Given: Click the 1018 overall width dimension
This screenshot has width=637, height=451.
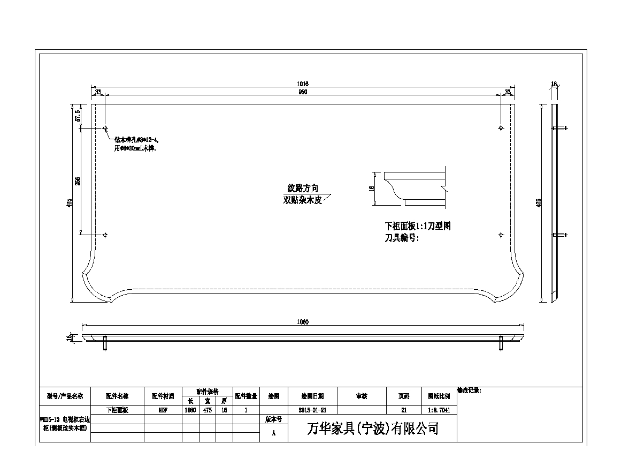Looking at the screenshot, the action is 303,84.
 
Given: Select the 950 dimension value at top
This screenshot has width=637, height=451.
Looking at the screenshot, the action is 303,92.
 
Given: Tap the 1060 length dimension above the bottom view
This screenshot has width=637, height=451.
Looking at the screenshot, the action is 303,322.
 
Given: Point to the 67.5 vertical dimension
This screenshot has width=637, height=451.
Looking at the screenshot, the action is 78,115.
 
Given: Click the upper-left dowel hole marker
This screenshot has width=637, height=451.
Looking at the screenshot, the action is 105,129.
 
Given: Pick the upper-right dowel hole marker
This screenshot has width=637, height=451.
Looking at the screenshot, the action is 501,129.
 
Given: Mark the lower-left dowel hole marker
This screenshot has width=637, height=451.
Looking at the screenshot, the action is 105,235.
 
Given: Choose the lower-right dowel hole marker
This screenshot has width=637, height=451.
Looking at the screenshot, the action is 501,235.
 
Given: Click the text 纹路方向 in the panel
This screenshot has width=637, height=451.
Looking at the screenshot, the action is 303,189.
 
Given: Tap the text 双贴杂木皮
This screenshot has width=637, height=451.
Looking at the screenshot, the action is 303,201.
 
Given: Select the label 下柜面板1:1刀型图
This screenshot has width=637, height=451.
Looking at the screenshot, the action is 418,226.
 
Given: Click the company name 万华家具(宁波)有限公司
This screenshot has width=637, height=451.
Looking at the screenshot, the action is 373,429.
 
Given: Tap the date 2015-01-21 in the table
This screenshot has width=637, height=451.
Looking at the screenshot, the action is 312,410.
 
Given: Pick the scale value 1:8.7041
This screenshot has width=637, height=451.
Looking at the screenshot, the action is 439,410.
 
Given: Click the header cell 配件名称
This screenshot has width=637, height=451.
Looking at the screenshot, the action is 117,396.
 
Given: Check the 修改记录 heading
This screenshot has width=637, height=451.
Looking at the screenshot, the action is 469,391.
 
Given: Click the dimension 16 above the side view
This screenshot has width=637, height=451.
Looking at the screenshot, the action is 554,84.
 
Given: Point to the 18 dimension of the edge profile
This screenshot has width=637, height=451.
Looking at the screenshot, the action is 372,189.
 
